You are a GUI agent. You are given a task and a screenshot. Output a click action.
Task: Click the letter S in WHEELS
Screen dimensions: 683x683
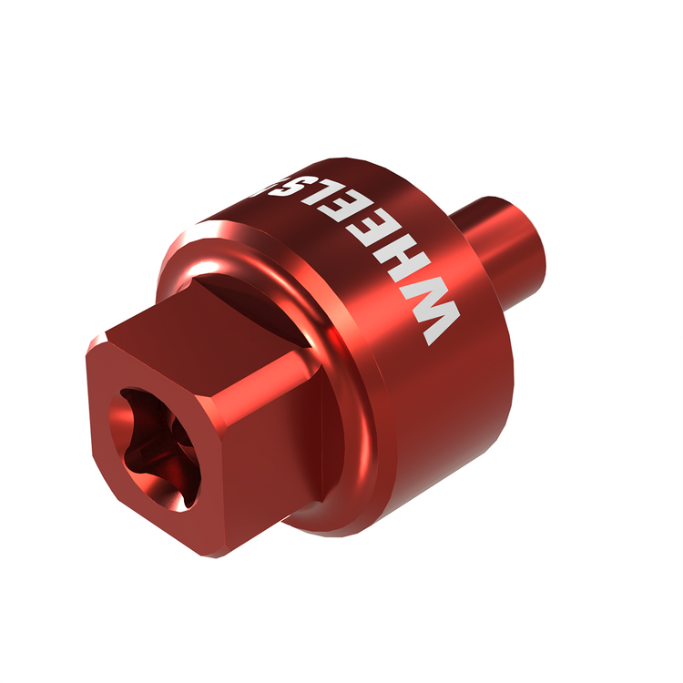pos(316,187)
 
